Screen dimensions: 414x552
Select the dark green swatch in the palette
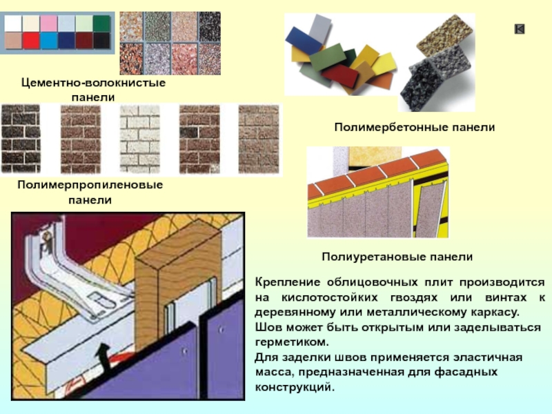point(101,23)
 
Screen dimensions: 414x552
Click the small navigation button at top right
point(520,28)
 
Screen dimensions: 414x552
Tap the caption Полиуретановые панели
point(397,256)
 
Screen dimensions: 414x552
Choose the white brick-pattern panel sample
point(139,138)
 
